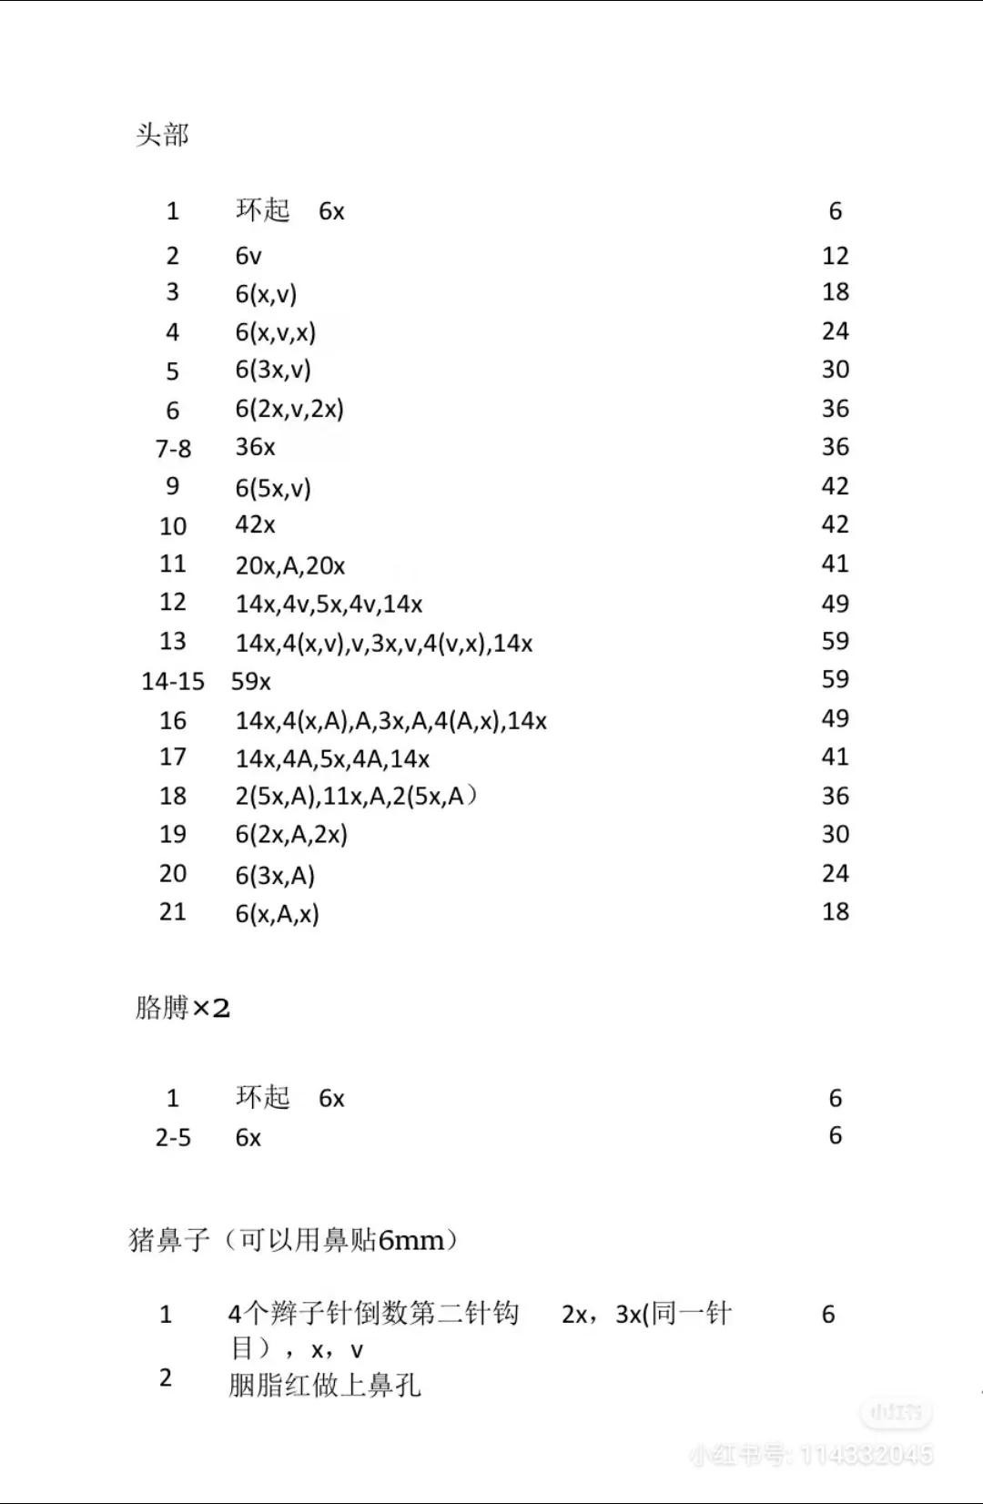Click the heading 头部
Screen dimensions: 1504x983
coord(162,136)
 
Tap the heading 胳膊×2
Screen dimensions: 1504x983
coord(182,1008)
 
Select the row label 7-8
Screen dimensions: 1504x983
coord(173,448)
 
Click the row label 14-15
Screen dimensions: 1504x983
coord(173,681)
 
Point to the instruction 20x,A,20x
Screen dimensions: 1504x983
coord(290,565)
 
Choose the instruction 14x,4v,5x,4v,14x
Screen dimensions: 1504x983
coord(329,604)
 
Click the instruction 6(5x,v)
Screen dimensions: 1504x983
coord(273,488)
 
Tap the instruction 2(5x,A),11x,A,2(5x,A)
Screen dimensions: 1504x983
coord(356,797)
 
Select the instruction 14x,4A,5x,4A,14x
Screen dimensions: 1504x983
coord(332,758)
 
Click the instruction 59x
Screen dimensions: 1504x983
coord(251,681)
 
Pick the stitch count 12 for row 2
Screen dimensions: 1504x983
coord(835,256)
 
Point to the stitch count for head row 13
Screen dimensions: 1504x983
coord(835,641)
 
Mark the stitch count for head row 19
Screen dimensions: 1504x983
coord(835,834)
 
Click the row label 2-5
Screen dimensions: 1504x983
coord(173,1137)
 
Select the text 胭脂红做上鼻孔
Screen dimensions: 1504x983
coord(325,1385)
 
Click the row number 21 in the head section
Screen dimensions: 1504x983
coord(173,911)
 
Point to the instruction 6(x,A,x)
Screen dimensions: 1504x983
coord(277,913)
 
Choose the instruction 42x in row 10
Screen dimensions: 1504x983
coord(255,524)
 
